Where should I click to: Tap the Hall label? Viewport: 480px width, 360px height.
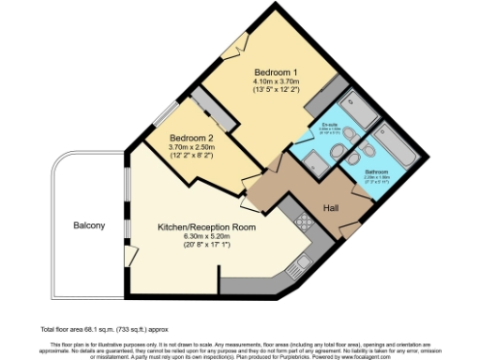click(x=332, y=207)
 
